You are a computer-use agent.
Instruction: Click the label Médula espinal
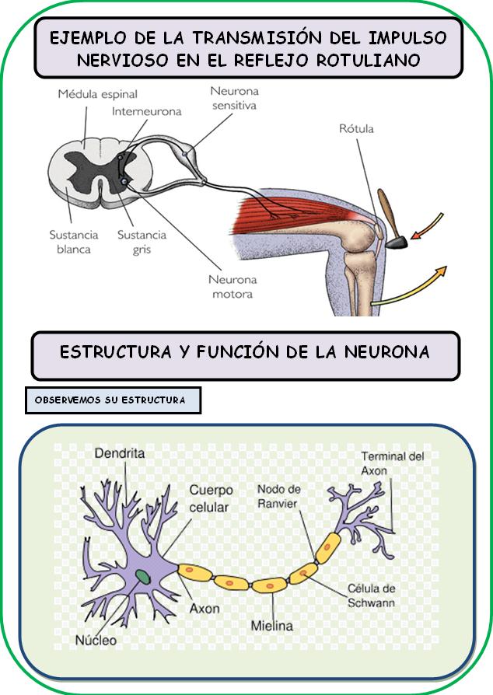click(97, 95)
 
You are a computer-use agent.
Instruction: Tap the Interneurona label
click(146, 111)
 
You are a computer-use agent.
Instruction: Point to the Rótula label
click(356, 128)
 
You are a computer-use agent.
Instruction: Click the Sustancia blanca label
click(74, 242)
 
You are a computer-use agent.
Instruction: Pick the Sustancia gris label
click(142, 242)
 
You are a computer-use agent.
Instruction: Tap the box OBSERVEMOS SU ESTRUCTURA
click(114, 400)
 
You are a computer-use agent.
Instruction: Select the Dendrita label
click(119, 453)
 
